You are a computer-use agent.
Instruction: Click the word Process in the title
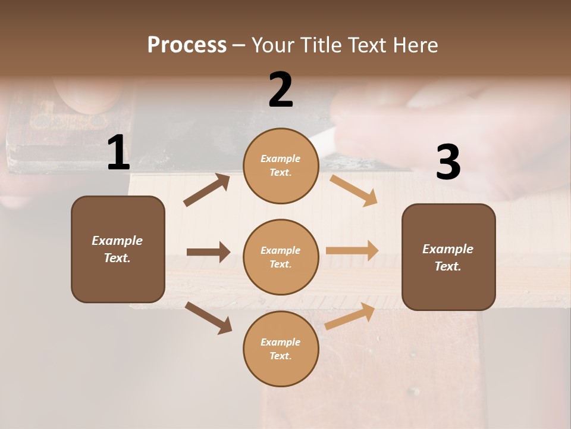click(187, 45)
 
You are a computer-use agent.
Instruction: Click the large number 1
click(118, 153)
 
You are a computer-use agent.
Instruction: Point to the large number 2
click(281, 90)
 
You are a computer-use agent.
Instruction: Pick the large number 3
click(448, 162)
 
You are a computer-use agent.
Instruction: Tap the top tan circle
click(281, 166)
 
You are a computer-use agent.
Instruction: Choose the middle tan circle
click(281, 257)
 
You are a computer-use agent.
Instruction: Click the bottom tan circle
click(281, 349)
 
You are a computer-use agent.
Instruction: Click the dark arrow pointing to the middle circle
click(208, 252)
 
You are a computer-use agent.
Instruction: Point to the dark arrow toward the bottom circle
click(209, 318)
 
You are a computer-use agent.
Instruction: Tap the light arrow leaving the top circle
click(353, 190)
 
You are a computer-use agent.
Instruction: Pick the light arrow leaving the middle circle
click(352, 251)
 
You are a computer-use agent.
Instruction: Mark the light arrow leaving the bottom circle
click(350, 315)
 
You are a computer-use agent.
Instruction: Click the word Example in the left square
click(117, 241)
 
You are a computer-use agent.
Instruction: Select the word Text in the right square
click(447, 266)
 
